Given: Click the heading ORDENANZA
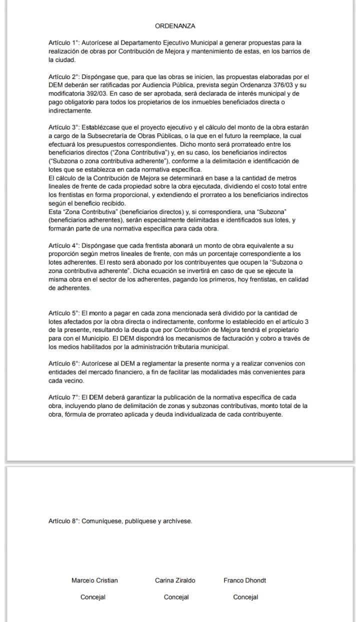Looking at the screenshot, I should pyautogui.click(x=175, y=25).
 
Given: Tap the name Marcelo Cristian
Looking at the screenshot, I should pyautogui.click(x=94, y=580).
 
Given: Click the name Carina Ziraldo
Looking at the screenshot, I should pyautogui.click(x=175, y=580).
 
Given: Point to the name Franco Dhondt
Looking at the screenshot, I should pyautogui.click(x=244, y=580).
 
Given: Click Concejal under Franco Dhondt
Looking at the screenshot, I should pyautogui.click(x=245, y=597).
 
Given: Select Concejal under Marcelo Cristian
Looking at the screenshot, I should pyautogui.click(x=93, y=597).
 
